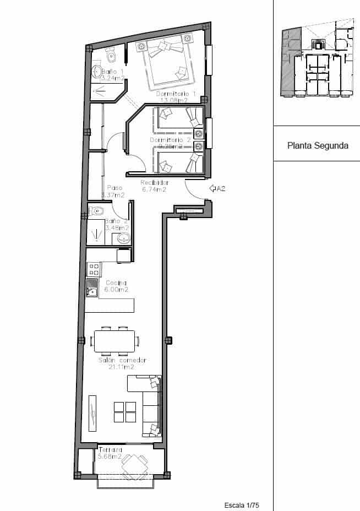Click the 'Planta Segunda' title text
point(318,146)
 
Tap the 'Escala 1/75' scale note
point(242,505)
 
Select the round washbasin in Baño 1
point(97,71)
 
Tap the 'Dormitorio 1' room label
point(175,94)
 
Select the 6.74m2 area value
point(154,189)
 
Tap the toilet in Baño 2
point(97,211)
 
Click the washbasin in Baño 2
point(122,238)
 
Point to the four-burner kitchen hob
point(94,269)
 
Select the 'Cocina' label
point(116,283)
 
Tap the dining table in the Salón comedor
point(114,340)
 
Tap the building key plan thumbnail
point(317,62)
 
